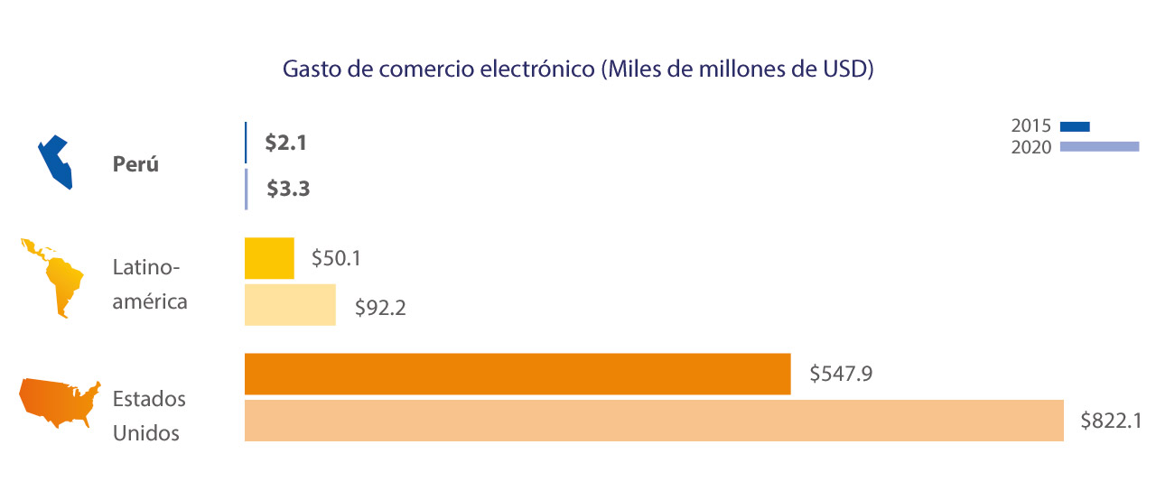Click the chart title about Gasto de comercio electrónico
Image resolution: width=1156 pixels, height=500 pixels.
tap(578, 70)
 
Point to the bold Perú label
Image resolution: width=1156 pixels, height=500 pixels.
tap(135, 165)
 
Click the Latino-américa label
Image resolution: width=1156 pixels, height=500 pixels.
tap(150, 284)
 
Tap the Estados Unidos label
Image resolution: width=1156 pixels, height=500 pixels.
tap(149, 416)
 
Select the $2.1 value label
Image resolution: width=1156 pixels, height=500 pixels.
tap(286, 143)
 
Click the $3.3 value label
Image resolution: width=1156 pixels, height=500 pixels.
tap(288, 190)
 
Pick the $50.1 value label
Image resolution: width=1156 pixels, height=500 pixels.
tap(336, 258)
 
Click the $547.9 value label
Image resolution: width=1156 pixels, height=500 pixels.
tap(840, 374)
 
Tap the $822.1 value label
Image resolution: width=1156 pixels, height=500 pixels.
tap(1112, 421)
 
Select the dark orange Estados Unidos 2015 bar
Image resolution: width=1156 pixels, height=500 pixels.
tap(517, 374)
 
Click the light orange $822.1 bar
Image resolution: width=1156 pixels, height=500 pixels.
tap(654, 421)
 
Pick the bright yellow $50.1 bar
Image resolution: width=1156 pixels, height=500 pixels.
tap(269, 258)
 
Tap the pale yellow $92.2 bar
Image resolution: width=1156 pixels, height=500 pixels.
tap(290, 304)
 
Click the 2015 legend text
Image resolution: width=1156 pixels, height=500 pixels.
tap(1031, 126)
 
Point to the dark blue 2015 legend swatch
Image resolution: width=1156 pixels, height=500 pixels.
tap(1076, 126)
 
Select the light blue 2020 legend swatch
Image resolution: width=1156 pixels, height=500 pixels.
tap(1099, 147)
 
